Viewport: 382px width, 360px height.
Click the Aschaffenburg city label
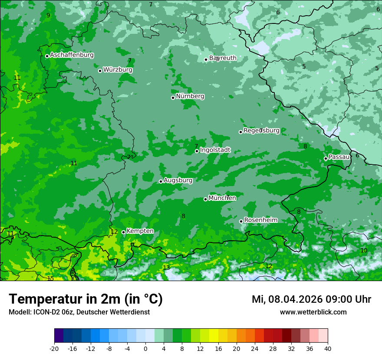coord(72,55)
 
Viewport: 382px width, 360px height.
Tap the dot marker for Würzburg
coord(100,71)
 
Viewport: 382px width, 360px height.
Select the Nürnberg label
coord(190,96)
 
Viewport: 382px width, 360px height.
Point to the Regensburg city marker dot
coord(240,132)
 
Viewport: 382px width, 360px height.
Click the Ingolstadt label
coord(215,150)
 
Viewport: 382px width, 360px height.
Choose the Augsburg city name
coord(178,180)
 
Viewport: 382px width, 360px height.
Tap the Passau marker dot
coord(326,158)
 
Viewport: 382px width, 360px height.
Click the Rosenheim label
coord(260,220)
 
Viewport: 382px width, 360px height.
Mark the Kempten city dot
coord(123,232)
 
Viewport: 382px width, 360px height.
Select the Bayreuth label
coord(223,58)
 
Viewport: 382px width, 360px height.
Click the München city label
coord(222,198)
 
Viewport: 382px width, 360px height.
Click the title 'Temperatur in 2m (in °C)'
coord(86,299)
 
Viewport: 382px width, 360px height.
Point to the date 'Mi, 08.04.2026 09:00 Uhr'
coord(311,299)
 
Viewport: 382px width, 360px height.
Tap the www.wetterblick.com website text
coord(313,312)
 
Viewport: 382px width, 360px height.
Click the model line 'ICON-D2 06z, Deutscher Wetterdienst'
coord(79,312)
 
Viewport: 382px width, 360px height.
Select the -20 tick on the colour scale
coord(54,348)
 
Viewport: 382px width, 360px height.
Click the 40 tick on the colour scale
coord(328,348)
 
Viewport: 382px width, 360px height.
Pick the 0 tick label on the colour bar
coord(145,348)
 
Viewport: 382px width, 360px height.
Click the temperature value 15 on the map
coord(50,278)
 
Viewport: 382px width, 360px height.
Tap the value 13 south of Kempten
coord(166,268)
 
